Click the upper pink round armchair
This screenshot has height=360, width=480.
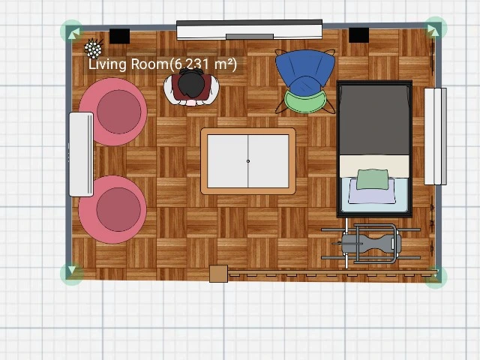tap(113, 112)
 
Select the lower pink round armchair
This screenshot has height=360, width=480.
tap(112, 209)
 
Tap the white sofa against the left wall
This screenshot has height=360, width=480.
tap(81, 154)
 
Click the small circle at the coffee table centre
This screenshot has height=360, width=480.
tap(248, 161)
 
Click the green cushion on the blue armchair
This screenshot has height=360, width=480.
tap(305, 102)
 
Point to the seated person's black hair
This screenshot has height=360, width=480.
tap(191, 84)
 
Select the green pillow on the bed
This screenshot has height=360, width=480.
tap(373, 179)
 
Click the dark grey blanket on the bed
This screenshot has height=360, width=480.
tap(374, 120)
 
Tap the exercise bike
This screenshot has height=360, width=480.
tap(370, 243)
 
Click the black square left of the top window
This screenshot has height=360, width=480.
tap(120, 36)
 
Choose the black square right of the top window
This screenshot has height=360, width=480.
tap(358, 35)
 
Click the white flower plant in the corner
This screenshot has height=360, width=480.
tap(93, 49)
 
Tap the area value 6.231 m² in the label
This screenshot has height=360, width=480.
tap(202, 64)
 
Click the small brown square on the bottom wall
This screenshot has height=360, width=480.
tap(218, 274)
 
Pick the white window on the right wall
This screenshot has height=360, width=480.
tap(435, 136)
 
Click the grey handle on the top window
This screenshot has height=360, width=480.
tap(250, 37)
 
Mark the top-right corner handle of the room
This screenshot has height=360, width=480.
tap(435, 28)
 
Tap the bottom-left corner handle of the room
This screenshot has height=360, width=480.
tap(72, 273)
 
